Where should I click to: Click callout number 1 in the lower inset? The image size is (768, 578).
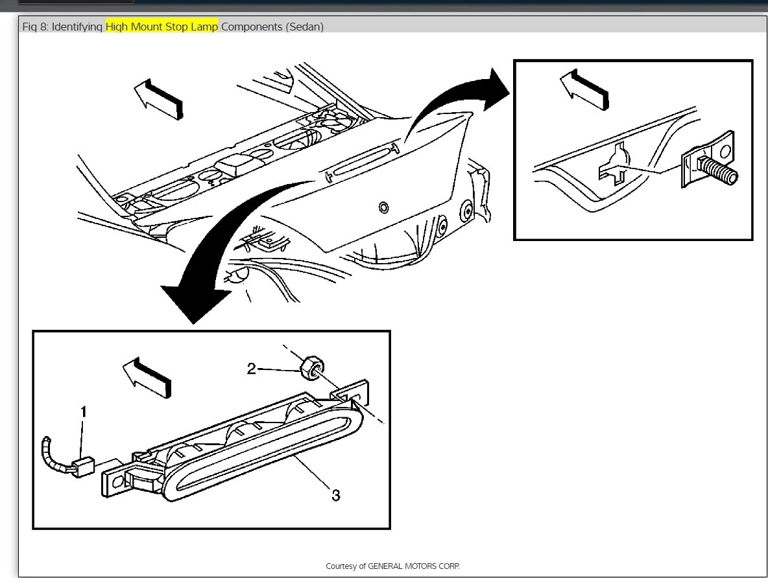click(x=83, y=411)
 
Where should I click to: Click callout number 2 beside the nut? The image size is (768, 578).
click(x=252, y=369)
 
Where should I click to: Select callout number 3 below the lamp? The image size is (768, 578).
click(x=335, y=495)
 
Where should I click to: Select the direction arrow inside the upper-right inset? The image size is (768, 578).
click(x=584, y=89)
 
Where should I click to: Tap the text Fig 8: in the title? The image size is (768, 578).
click(x=35, y=27)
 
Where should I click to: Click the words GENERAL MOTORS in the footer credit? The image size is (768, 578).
click(x=403, y=566)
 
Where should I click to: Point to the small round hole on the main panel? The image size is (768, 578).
click(x=383, y=207)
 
